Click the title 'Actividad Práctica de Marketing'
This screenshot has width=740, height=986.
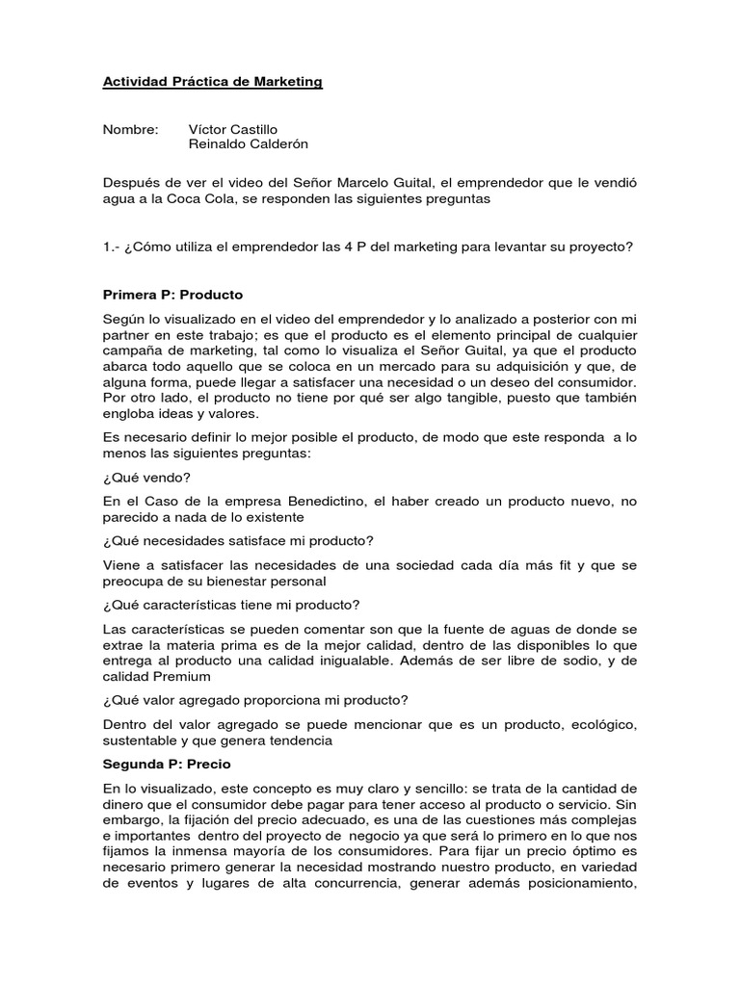point(212,83)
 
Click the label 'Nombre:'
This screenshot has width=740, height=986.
point(131,129)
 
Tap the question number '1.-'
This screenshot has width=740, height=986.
point(113,246)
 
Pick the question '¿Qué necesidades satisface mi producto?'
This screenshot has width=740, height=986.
point(238,540)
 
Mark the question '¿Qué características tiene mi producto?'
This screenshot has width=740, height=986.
point(231,605)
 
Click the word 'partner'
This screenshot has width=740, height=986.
point(128,335)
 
